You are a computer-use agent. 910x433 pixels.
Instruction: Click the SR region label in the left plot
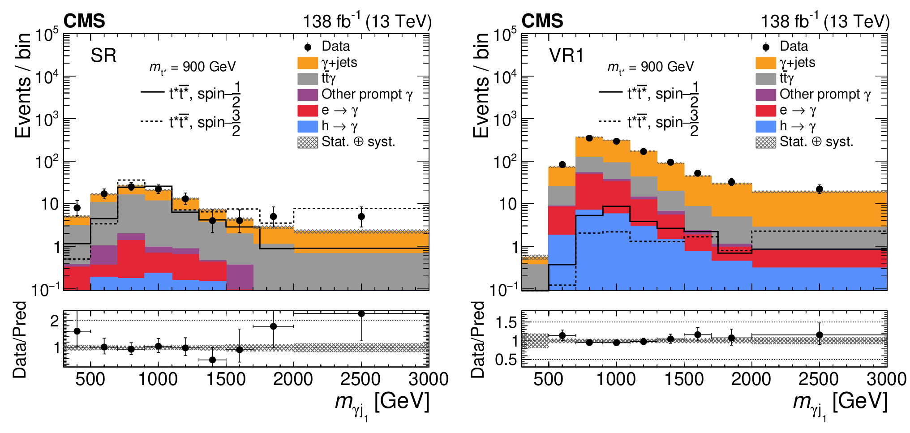click(x=103, y=56)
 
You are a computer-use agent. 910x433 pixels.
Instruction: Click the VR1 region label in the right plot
click(x=567, y=56)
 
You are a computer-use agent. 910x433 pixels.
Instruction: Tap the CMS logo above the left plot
click(x=84, y=21)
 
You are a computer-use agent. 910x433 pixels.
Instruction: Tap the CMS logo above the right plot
click(x=542, y=21)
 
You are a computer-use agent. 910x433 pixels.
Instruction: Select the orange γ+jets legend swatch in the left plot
click(x=308, y=63)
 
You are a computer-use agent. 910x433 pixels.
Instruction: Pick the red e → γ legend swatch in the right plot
click(x=766, y=111)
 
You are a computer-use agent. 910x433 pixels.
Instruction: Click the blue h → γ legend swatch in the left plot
click(x=308, y=126)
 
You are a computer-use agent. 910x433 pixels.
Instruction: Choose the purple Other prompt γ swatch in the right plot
click(x=766, y=94)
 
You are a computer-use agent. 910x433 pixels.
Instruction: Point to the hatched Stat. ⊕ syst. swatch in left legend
click(x=308, y=142)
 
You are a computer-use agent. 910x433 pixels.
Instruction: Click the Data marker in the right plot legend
click(x=766, y=47)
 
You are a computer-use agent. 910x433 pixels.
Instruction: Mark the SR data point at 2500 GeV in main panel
click(x=361, y=217)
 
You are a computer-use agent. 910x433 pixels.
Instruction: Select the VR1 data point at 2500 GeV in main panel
click(x=820, y=189)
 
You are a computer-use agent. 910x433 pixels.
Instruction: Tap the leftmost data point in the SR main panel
click(x=77, y=208)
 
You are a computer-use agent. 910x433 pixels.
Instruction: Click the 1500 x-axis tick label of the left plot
click(x=226, y=379)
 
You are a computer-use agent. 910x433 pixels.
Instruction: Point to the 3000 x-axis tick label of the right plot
click(x=886, y=379)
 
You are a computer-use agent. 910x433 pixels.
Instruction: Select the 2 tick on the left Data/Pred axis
click(x=55, y=321)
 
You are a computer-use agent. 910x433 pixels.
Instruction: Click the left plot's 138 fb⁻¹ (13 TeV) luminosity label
click(x=367, y=21)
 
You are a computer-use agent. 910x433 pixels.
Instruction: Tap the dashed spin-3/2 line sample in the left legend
click(x=151, y=121)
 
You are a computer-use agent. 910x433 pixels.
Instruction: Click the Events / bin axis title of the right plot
click(x=481, y=85)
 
